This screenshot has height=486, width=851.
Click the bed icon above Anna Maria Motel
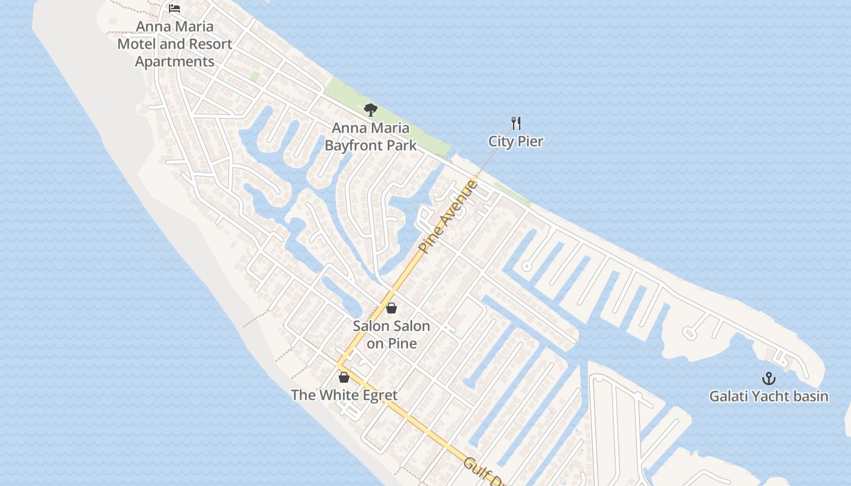click(174, 9)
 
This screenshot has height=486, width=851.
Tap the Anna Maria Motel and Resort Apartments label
click(174, 44)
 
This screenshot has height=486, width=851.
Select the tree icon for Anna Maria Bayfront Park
click(371, 110)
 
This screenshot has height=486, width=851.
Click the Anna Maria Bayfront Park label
click(371, 137)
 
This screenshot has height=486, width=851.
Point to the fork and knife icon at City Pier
click(516, 123)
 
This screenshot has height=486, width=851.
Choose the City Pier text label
click(516, 142)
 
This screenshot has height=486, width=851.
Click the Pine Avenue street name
click(449, 216)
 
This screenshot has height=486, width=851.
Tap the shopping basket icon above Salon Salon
click(391, 308)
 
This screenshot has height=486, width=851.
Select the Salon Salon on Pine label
click(391, 335)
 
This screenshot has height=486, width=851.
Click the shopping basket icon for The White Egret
click(344, 377)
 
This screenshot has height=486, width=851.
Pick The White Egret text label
click(344, 395)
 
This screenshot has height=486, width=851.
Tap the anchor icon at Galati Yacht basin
click(769, 378)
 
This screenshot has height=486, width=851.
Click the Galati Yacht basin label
click(769, 397)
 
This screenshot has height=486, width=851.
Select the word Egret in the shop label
click(377, 395)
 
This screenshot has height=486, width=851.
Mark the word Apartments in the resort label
click(174, 62)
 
